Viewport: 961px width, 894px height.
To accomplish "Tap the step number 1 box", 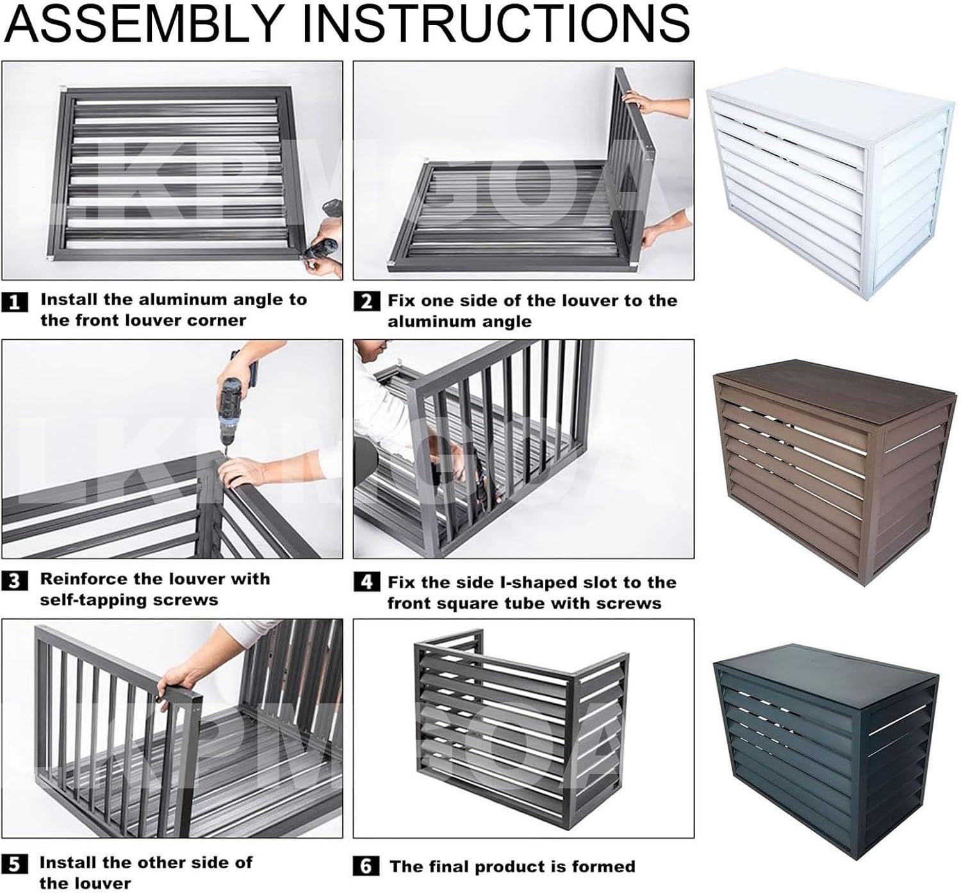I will (x=15, y=301).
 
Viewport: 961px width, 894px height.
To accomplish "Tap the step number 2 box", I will (x=366, y=301).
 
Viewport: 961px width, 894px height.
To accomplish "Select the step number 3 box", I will (x=15, y=581).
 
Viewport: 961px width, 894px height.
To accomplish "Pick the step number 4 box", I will (x=366, y=582).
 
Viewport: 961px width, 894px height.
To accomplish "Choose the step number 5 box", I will (x=15, y=864).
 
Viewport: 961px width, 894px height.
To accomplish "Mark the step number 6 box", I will (x=366, y=866).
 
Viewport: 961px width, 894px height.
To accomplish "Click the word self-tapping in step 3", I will (x=95, y=600).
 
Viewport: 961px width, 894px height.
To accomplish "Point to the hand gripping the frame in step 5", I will (x=183, y=680).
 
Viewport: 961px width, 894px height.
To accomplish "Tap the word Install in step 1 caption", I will (x=69, y=299).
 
